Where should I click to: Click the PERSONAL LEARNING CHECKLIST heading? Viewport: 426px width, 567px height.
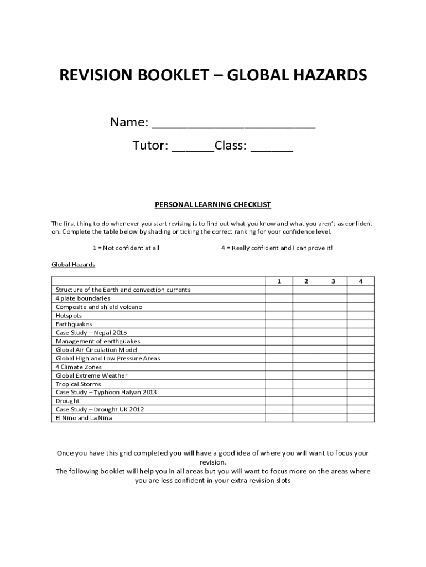pos(213,205)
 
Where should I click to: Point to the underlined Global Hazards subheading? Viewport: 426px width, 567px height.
pos(73,265)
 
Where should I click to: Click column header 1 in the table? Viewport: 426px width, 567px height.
pos(279,281)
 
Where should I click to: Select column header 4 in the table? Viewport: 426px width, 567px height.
pos(361,281)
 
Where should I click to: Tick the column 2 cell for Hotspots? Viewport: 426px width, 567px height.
pos(306,316)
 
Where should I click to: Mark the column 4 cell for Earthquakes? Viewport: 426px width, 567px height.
pos(361,324)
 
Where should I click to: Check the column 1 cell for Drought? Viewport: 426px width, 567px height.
pos(279,401)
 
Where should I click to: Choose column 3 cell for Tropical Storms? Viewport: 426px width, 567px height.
pos(334,384)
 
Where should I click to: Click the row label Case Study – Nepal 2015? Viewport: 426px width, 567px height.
pos(91,333)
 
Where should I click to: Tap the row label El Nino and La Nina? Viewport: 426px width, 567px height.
pos(84,418)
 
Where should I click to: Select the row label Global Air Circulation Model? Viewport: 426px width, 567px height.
pos(97,350)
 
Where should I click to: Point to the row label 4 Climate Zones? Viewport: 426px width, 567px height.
pos(79,367)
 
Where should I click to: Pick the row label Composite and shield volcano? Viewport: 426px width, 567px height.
pos(99,307)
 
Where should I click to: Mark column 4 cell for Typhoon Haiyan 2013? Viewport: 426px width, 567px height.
pos(361,393)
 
